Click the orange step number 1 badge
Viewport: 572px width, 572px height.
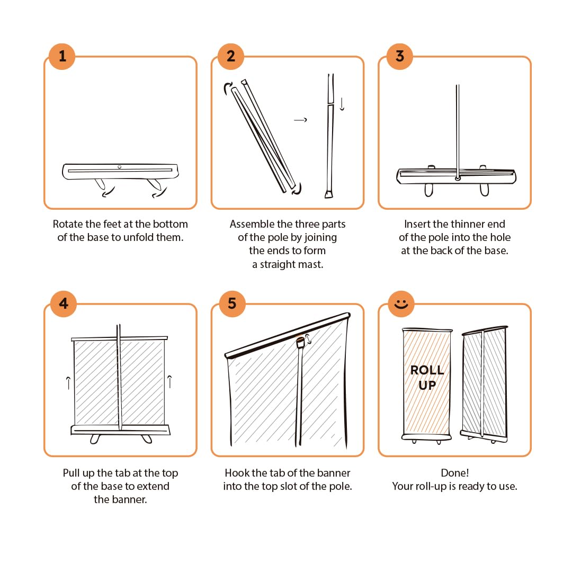[62, 56]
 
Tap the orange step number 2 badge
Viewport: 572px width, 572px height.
[231, 56]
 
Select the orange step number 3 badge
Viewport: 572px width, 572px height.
[400, 56]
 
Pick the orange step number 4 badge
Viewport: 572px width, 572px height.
[64, 303]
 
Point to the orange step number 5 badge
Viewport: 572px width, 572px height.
[233, 303]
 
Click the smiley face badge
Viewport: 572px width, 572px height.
[401, 303]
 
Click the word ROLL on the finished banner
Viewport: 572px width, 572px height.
[427, 370]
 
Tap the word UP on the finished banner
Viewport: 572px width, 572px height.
[427, 385]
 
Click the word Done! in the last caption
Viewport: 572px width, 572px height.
[454, 473]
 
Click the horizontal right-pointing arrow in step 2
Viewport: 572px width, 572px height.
[300, 120]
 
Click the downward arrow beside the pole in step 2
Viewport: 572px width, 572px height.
[342, 104]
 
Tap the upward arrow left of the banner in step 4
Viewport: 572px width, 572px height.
[68, 383]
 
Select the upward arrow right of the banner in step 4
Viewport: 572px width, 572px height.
[169, 381]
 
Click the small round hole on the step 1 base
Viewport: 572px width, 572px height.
[119, 167]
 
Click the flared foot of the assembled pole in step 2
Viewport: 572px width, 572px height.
[329, 194]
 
